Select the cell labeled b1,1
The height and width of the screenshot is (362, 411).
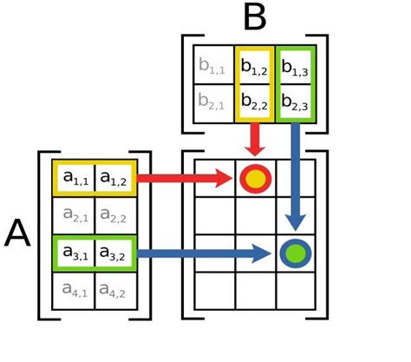(x=213, y=64)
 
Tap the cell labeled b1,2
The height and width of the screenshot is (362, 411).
(x=255, y=64)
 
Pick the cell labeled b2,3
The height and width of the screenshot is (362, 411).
(x=296, y=102)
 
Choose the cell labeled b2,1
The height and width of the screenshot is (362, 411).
(x=213, y=102)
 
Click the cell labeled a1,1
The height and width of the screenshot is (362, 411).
(x=75, y=179)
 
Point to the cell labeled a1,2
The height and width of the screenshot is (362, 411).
(x=114, y=179)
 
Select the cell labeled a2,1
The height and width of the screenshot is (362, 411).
(x=75, y=216)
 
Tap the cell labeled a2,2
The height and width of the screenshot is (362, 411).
(x=114, y=216)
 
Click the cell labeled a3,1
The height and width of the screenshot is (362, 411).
(x=75, y=253)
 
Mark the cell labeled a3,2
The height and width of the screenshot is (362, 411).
(x=114, y=253)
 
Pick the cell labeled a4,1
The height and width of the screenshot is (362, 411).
(x=75, y=291)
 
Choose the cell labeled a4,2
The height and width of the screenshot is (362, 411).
(x=114, y=291)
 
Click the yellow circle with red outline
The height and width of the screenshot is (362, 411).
(x=255, y=179)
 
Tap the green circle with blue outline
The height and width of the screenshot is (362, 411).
(x=296, y=253)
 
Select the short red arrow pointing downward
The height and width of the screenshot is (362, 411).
(x=255, y=138)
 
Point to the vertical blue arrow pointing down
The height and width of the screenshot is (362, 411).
(x=296, y=174)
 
